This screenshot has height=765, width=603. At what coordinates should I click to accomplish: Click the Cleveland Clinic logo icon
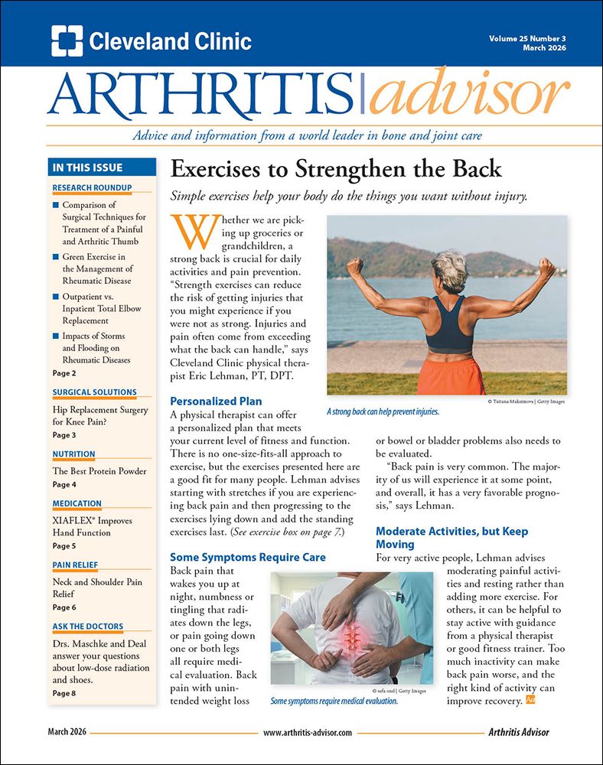click(x=67, y=41)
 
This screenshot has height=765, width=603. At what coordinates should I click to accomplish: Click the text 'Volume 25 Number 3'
click(x=527, y=37)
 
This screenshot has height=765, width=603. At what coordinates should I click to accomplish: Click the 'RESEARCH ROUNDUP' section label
click(x=92, y=187)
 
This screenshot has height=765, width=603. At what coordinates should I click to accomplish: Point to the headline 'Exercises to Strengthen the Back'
click(x=335, y=169)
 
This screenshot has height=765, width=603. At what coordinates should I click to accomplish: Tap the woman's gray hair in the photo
click(x=448, y=264)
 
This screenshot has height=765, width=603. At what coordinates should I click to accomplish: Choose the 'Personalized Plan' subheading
click(x=216, y=401)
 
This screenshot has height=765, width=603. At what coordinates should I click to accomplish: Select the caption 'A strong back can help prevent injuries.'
click(x=383, y=412)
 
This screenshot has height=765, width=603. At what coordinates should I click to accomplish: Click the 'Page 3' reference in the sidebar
click(x=64, y=435)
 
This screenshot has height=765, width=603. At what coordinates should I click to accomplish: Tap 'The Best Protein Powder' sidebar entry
click(x=99, y=471)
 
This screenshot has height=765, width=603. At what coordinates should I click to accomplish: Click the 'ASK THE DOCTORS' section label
click(x=87, y=627)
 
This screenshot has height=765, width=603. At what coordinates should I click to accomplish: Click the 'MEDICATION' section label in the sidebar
click(x=77, y=503)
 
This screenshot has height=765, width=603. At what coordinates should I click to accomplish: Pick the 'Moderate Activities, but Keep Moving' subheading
click(x=451, y=538)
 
